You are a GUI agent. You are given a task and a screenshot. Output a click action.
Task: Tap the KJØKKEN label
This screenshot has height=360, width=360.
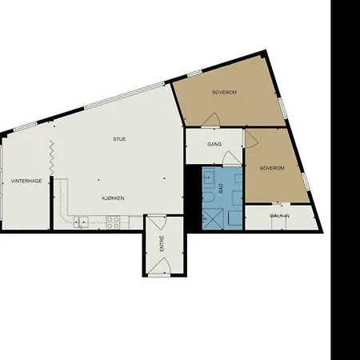pyautogui.click(x=112, y=198)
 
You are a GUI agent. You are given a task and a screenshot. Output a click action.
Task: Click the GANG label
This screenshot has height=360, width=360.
pyautogui.click(x=214, y=145)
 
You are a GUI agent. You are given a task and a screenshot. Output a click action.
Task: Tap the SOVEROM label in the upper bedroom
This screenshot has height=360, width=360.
pyautogui.click(x=225, y=92)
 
